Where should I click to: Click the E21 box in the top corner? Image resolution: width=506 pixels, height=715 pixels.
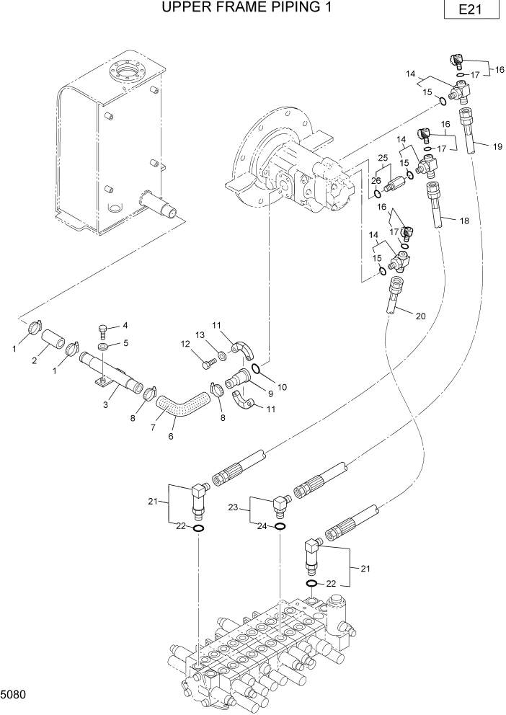click(472, 11)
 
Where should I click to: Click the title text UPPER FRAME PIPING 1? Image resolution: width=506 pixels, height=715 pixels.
click(235, 8)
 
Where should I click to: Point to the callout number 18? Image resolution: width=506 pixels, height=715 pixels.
click(464, 221)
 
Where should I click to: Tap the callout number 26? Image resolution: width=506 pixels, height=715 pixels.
click(376, 182)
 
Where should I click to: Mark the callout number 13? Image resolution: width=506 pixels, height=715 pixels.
click(200, 335)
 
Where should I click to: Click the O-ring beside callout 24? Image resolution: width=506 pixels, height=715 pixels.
click(281, 526)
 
